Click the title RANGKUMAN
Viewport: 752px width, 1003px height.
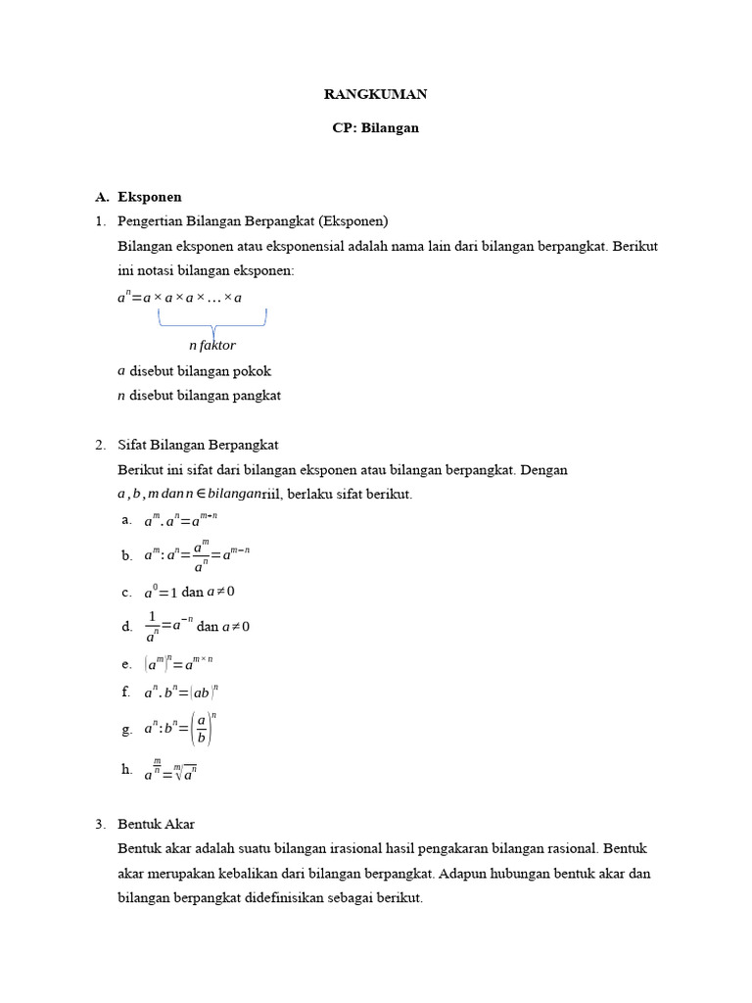375,95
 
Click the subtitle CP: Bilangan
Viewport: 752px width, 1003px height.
375,128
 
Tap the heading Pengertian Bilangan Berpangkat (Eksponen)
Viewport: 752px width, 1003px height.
253,221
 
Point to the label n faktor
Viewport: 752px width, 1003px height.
211,346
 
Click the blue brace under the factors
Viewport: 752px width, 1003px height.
212,321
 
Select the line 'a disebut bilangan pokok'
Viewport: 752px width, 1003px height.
194,371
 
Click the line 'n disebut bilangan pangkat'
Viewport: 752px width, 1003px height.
199,396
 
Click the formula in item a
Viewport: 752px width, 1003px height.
180,520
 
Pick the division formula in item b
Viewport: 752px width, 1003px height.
197,554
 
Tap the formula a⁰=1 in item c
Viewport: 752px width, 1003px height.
160,592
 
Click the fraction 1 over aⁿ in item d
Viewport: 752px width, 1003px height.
152,626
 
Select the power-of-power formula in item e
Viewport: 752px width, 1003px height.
180,664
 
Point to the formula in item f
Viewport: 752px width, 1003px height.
181,693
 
